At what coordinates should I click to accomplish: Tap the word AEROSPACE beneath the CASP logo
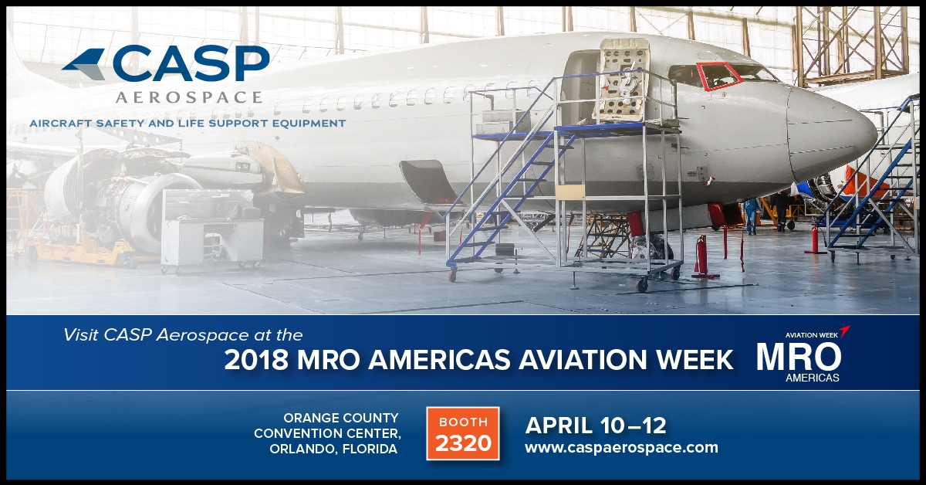pos(189,97)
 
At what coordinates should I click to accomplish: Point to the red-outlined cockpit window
pos(718,76)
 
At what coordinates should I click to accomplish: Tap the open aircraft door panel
pos(621,80)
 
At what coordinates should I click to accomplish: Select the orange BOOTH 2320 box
pos(463,433)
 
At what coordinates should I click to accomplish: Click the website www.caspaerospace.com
pos(621,447)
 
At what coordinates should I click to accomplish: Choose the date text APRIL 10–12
pos(596,426)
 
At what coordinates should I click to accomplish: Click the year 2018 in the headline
pos(256,360)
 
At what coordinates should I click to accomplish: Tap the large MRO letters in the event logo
pos(799,357)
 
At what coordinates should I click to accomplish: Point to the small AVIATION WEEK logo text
pos(812,335)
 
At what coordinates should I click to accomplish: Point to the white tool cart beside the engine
pos(211,230)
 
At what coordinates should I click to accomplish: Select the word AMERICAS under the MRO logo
pos(813,378)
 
